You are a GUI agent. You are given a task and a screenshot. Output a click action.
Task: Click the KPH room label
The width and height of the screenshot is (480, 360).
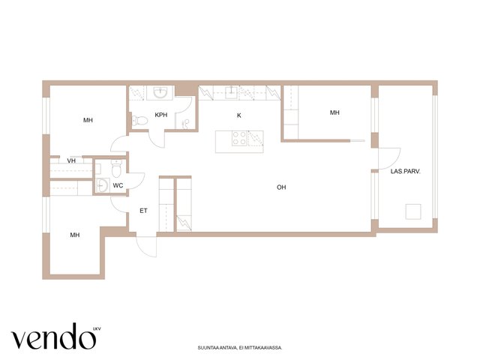point(161,115)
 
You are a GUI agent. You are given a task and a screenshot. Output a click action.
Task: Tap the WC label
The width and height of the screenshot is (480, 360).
point(118,185)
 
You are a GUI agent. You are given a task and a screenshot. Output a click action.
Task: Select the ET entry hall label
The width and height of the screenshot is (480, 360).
point(143,211)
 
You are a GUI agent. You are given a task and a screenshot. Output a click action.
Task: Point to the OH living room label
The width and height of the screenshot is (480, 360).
point(281,187)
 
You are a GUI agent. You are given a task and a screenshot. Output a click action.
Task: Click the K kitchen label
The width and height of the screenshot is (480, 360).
point(239,115)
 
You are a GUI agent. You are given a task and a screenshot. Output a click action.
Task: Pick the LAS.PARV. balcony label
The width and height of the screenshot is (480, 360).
point(405,172)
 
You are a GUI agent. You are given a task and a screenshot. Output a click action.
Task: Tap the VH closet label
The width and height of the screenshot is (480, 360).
point(71,160)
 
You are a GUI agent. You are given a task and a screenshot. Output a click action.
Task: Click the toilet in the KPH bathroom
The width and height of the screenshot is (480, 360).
point(140,121)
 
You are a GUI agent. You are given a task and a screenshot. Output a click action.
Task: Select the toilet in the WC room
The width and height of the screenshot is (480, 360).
point(117,169)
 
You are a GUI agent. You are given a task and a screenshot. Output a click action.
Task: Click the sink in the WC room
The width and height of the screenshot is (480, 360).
point(102,185)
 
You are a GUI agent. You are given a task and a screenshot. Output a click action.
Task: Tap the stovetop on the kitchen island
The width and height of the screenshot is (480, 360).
point(239,138)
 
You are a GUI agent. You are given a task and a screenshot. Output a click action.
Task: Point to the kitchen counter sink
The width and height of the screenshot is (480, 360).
point(232,92)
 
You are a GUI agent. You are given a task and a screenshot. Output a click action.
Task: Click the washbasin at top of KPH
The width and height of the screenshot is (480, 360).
point(160,92)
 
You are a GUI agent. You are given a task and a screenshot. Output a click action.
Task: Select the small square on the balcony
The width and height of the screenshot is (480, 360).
point(413,211)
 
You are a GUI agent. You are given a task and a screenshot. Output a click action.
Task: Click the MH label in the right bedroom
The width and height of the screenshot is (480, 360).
point(334,112)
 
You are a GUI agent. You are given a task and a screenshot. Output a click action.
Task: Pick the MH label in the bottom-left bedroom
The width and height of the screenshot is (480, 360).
point(75,235)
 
